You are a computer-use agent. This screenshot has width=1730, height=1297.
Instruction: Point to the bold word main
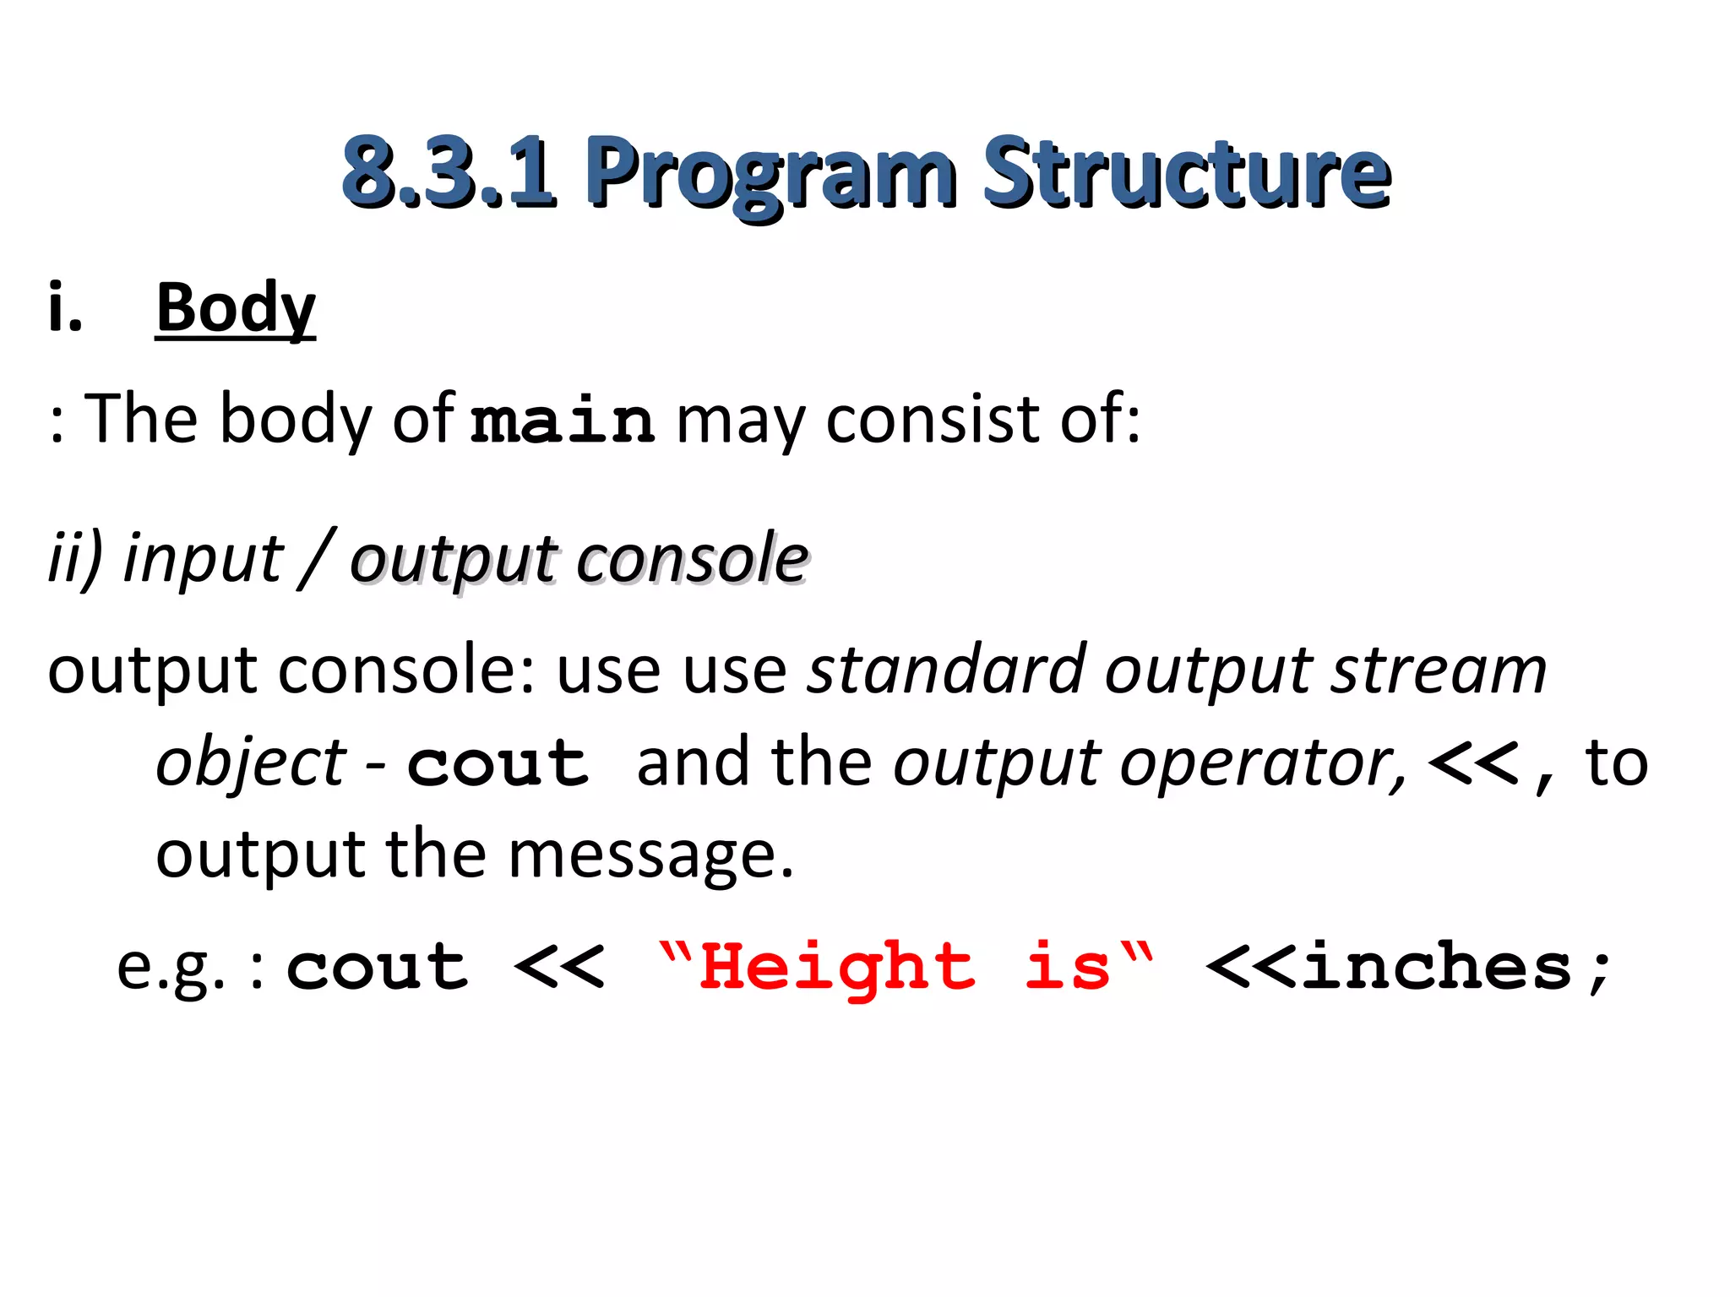(x=562, y=420)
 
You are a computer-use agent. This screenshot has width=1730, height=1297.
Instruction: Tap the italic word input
(x=203, y=559)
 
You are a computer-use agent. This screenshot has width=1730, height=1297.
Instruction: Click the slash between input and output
(x=317, y=559)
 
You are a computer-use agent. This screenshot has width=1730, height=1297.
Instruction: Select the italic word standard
(x=945, y=670)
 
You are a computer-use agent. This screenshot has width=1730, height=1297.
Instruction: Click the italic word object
(x=251, y=763)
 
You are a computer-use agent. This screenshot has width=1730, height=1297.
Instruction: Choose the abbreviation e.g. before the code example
(x=170, y=967)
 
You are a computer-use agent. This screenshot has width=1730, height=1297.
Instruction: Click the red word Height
(x=837, y=967)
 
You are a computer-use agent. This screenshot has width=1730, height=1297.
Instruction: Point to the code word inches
(x=1436, y=967)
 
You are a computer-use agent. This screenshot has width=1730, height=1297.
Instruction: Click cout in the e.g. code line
(x=377, y=967)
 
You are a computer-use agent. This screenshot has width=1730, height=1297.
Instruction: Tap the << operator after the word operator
(x=1473, y=763)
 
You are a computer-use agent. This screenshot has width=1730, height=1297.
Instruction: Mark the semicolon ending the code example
(x=1598, y=971)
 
